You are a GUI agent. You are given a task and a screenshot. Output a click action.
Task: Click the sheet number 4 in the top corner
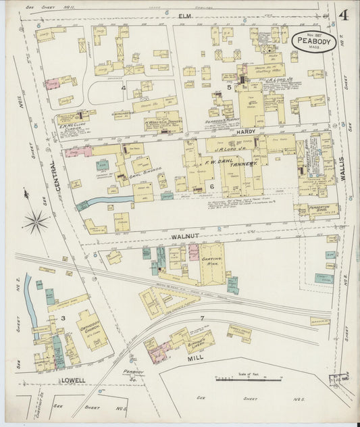344,15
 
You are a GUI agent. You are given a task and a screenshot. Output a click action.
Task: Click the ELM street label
185,14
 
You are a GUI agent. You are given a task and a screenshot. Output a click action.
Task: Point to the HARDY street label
245,133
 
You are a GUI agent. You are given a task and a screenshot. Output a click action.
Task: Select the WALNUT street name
182,237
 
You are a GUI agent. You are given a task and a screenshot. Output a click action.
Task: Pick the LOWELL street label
73,380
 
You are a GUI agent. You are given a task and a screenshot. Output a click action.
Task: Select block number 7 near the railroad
201,318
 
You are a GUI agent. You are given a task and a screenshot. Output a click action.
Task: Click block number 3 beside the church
63,317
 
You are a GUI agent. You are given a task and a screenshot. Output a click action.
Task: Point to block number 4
124,87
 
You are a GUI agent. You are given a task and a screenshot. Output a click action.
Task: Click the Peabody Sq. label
133,374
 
